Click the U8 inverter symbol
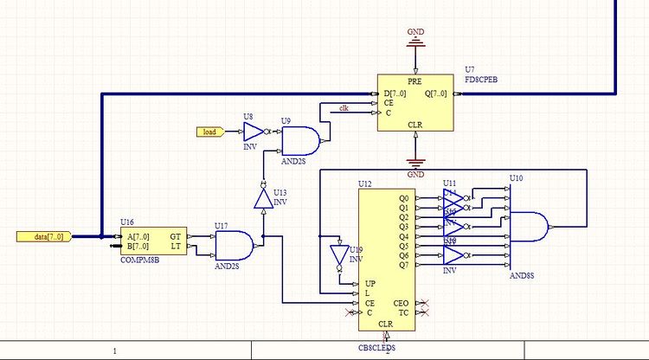pyautogui.click(x=253, y=132)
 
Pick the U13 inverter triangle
pyautogui.click(x=262, y=199)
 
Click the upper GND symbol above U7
pyautogui.click(x=416, y=39)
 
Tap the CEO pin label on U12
pyautogui.click(x=402, y=302)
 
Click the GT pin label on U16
pyautogui.click(x=176, y=236)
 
